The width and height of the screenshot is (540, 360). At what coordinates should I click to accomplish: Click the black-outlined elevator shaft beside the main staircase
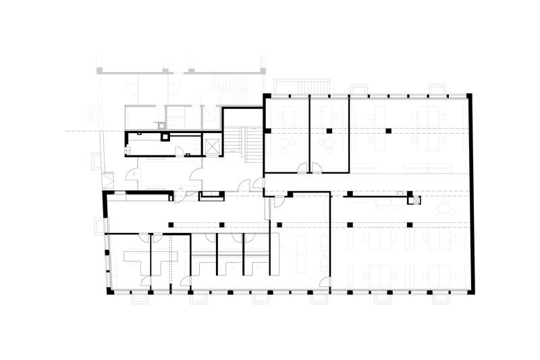[x=211, y=145]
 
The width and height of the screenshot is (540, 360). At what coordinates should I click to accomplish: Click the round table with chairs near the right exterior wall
[x=444, y=209]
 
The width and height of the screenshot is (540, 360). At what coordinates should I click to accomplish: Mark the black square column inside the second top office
[x=329, y=130]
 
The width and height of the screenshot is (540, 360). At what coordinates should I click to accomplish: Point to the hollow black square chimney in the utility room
[x=165, y=136]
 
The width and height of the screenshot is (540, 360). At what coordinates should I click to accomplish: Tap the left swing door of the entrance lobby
[x=132, y=177]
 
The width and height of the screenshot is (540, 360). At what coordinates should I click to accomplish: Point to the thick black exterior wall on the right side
[x=471, y=192]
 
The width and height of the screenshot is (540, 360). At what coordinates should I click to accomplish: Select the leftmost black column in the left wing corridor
[x=171, y=224]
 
